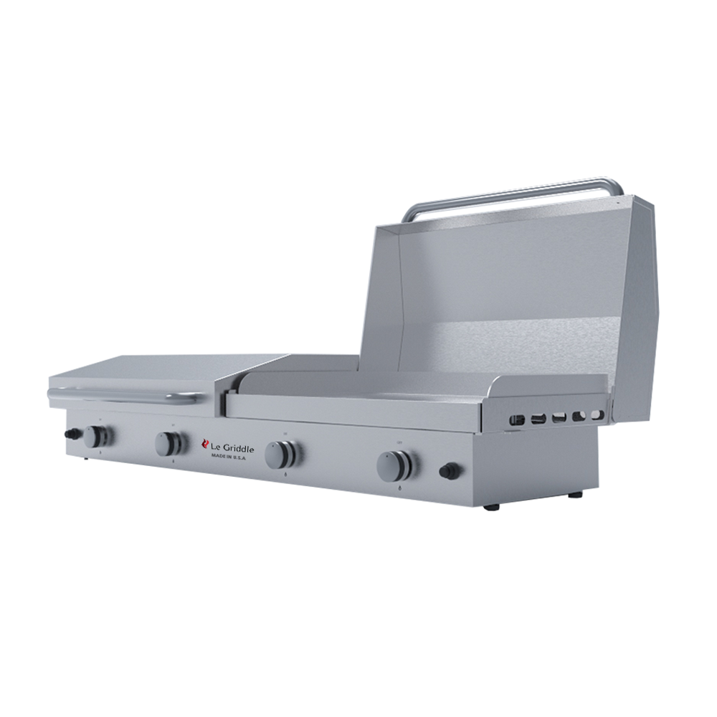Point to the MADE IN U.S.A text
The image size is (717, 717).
point(227,457)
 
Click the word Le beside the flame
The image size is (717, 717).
point(214,447)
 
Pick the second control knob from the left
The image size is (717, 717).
point(168,444)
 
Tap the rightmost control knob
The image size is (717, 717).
point(393,466)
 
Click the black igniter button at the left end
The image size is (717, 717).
point(72,433)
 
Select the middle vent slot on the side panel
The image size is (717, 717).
point(559,417)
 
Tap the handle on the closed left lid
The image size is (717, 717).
point(122,394)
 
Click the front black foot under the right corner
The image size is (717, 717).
point(491,507)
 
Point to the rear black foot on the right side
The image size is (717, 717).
point(574,495)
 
